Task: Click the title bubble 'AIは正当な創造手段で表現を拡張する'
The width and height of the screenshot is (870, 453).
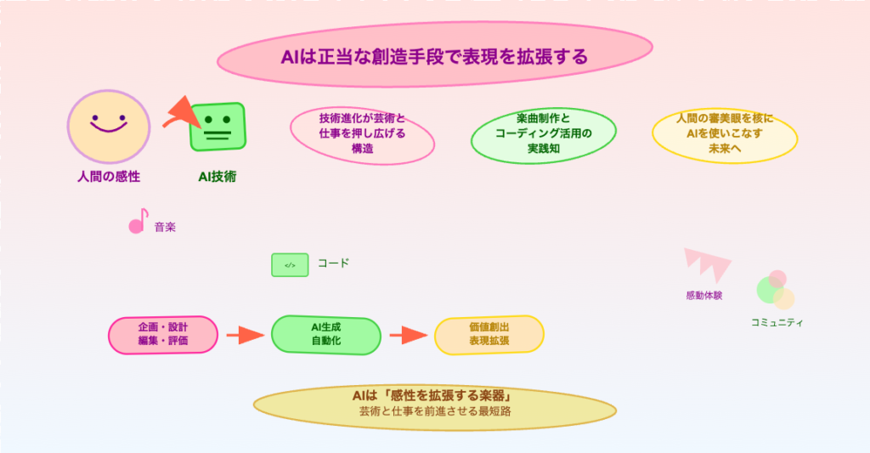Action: click(x=434, y=57)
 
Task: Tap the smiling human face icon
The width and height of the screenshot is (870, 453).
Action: click(x=109, y=127)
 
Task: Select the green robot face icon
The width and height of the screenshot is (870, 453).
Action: click(x=217, y=127)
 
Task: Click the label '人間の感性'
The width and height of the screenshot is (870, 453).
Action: click(x=109, y=177)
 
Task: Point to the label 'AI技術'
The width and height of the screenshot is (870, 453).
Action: click(x=217, y=177)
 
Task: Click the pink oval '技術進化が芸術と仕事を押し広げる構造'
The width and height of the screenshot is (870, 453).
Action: click(x=362, y=133)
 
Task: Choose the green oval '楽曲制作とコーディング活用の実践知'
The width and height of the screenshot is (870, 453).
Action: click(x=543, y=133)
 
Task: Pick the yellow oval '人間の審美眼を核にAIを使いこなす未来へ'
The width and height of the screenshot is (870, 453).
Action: click(x=725, y=133)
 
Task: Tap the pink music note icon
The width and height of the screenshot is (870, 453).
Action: click(x=137, y=224)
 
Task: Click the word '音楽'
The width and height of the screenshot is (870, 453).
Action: click(x=165, y=228)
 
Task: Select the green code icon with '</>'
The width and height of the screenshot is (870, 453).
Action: click(x=290, y=265)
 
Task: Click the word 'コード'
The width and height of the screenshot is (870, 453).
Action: click(x=333, y=263)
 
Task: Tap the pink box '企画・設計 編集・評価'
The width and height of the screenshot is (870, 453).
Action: click(x=163, y=334)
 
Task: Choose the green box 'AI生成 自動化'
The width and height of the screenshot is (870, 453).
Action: click(x=325, y=334)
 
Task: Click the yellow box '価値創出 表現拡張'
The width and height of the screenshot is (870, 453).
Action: click(x=489, y=334)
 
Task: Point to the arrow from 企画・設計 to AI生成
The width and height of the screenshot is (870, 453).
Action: click(x=246, y=335)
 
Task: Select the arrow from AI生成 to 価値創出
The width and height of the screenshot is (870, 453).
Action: click(x=408, y=335)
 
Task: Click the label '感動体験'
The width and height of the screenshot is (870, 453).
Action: click(x=703, y=296)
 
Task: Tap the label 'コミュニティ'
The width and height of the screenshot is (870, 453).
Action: click(x=777, y=323)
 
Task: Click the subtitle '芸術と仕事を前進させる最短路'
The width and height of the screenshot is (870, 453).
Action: click(x=434, y=411)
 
